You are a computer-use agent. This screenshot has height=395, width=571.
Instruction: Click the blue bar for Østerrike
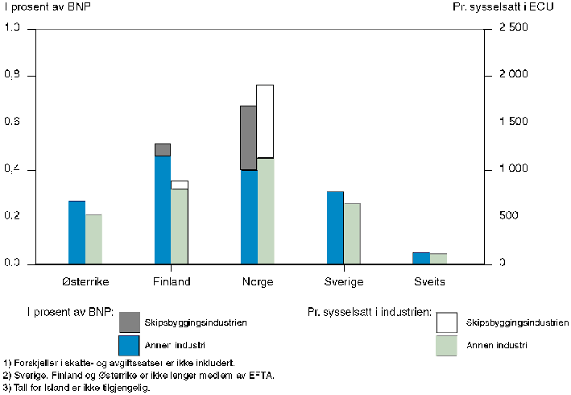77,232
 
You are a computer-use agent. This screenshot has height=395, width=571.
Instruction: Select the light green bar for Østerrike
94,239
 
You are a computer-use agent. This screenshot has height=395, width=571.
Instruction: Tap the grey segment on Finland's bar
162,150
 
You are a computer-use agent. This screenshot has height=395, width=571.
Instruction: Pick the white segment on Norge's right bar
265,121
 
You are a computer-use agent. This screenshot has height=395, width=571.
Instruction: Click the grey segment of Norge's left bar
248,138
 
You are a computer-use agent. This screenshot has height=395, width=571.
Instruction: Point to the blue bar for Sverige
335,227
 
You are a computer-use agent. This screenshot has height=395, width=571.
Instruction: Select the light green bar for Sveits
438,259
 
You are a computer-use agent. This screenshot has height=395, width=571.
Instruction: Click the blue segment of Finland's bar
162,210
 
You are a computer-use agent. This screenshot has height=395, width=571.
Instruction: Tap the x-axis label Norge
257,282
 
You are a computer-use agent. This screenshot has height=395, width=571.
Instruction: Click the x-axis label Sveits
429,282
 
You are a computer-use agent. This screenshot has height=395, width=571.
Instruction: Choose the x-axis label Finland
172,282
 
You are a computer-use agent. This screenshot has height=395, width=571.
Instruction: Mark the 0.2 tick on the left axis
14,217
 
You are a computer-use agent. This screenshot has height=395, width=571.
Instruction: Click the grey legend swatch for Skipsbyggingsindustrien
130,322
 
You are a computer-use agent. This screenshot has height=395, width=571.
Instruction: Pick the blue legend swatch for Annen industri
130,346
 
